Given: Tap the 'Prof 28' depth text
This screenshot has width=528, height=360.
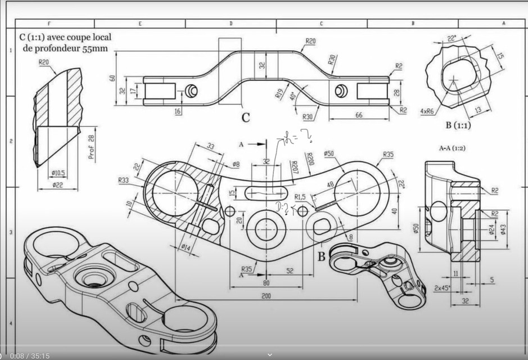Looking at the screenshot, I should pos(92,147).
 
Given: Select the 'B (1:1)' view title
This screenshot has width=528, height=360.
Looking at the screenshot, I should pos(458,125).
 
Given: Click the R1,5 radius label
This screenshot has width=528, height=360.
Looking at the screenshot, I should pos(300,197).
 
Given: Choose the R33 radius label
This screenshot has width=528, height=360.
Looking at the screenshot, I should pos(124,181).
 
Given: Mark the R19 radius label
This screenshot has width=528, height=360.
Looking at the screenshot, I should pos(279,94).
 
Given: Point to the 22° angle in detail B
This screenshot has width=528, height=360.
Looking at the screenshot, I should pos(450,38).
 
